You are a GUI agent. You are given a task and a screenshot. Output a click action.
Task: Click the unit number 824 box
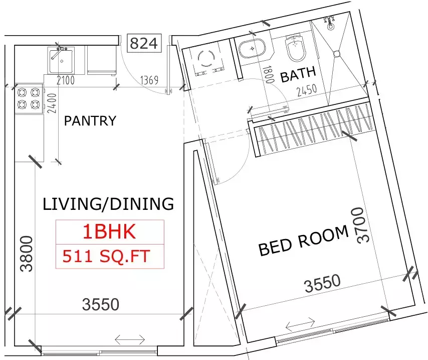click(x=144, y=44)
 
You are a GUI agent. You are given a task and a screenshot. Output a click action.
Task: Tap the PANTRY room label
click(x=90, y=121)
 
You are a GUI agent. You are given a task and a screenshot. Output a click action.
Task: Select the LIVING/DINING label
click(x=108, y=204)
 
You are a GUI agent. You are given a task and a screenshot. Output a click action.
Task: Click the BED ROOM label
click(x=303, y=241)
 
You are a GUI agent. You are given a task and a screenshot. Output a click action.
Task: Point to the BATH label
click(x=298, y=77)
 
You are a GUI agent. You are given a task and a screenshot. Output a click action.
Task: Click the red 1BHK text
click(x=109, y=231)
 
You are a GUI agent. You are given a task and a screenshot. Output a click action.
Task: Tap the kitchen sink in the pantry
click(x=61, y=59)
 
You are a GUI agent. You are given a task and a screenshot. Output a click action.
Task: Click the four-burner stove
click(x=28, y=98)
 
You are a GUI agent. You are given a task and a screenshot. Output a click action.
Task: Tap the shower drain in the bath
click(x=337, y=53)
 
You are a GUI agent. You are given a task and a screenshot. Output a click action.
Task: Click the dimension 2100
click(x=65, y=80)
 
